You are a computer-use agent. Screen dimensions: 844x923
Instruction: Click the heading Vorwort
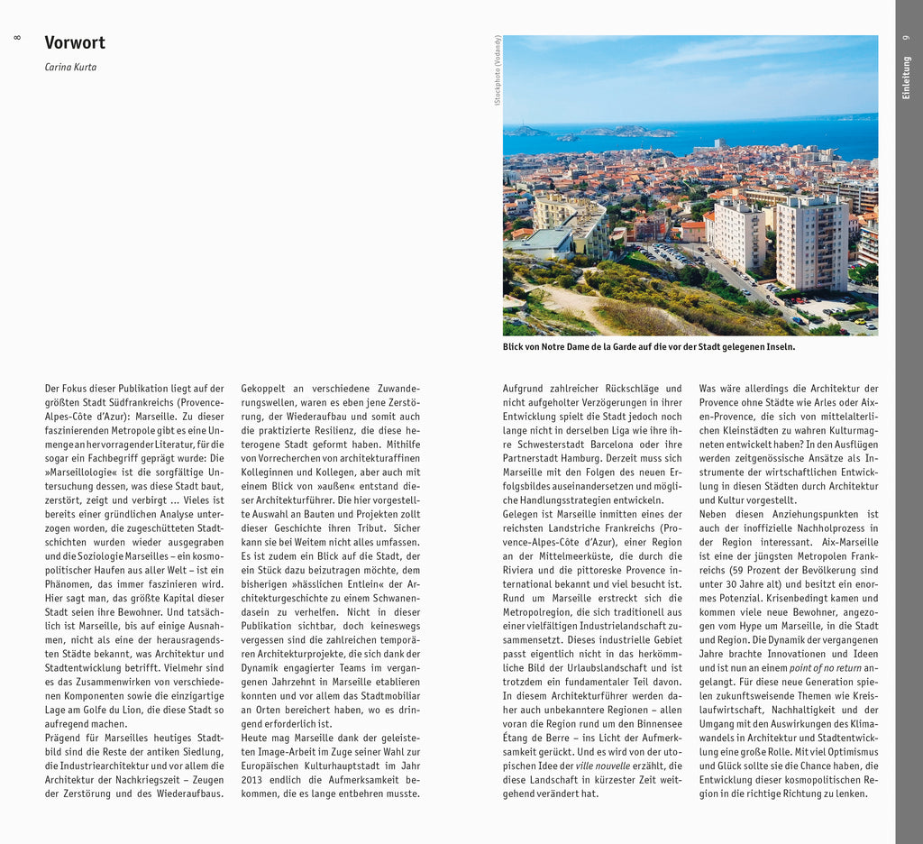[x=75, y=42]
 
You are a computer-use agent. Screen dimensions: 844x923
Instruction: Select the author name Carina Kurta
[x=70, y=67]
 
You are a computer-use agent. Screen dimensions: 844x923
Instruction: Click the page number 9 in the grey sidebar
[x=906, y=37]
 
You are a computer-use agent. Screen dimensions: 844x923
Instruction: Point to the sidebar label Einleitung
[x=906, y=78]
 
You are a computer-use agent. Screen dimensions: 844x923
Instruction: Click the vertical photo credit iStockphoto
[x=497, y=72]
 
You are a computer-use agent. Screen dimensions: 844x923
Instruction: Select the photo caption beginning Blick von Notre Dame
[x=649, y=346]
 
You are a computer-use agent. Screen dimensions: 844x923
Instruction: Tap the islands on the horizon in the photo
[x=622, y=132]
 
